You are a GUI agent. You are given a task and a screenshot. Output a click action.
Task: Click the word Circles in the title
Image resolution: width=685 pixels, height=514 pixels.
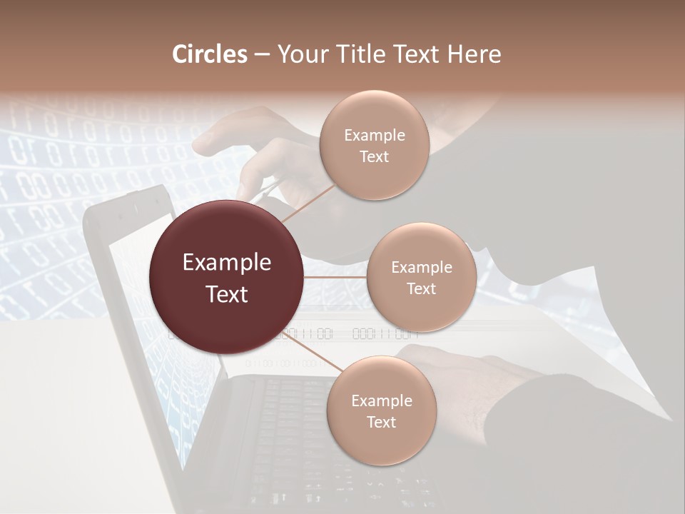click(209, 54)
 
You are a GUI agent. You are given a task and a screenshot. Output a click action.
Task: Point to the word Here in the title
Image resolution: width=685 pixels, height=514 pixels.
click(474, 54)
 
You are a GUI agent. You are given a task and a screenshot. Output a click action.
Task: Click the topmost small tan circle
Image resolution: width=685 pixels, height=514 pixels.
click(374, 146)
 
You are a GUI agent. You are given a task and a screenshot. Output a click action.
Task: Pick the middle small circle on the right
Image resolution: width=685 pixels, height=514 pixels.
click(421, 278)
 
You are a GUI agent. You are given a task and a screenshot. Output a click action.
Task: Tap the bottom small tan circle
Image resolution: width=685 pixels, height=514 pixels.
click(381, 411)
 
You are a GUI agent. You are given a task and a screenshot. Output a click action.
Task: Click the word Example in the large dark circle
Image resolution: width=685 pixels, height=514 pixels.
click(227, 263)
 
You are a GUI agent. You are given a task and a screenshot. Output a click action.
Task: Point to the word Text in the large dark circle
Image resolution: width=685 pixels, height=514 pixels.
click(227, 294)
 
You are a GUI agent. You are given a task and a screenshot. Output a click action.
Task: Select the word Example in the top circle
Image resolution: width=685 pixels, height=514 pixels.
click(375, 136)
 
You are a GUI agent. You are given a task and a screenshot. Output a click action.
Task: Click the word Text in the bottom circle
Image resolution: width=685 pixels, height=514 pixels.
click(381, 422)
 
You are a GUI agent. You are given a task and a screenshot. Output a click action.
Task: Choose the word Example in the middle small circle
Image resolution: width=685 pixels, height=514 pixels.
click(422, 268)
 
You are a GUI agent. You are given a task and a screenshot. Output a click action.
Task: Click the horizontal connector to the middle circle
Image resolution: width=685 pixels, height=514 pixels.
click(335, 277)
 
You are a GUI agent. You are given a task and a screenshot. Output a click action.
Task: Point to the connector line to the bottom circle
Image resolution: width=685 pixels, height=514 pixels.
click(312, 352)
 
